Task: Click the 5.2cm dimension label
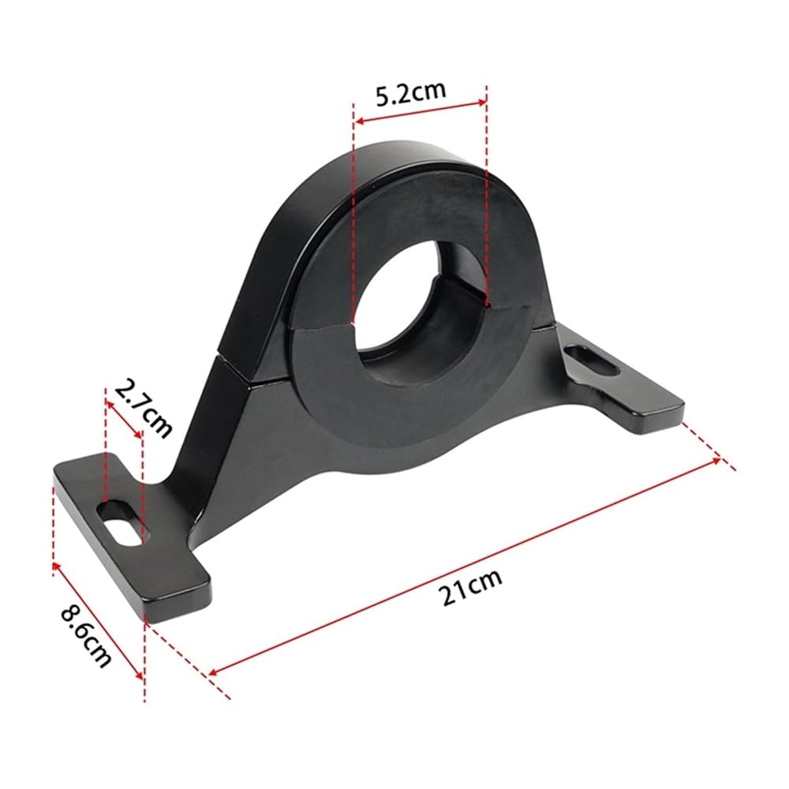(411, 92)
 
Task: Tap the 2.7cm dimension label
(144, 409)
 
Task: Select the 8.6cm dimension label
(85, 637)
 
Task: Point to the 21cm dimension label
(472, 587)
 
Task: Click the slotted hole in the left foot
(122, 523)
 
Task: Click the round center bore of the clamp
(421, 312)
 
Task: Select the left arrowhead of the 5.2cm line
(359, 121)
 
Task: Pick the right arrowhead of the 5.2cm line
(481, 103)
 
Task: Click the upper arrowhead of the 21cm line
(715, 461)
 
